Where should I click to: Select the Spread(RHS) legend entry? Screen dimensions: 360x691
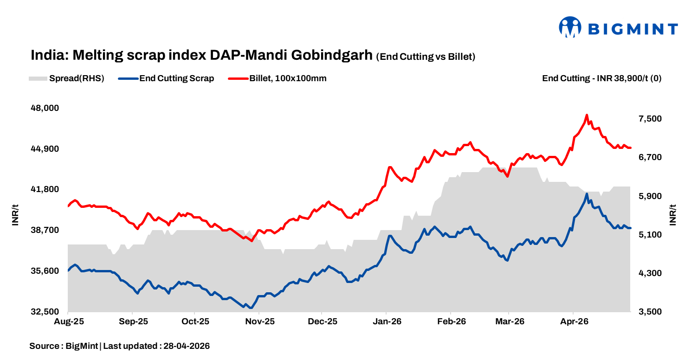(x=67, y=78)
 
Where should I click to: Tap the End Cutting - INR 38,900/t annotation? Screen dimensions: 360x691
(x=601, y=78)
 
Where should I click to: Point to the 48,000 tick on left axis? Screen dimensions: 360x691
(x=45, y=108)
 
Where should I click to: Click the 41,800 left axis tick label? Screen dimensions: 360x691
(x=45, y=189)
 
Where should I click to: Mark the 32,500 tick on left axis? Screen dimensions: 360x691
(x=45, y=312)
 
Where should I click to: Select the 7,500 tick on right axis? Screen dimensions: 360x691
(x=649, y=119)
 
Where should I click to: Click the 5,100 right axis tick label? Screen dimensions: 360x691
(x=649, y=235)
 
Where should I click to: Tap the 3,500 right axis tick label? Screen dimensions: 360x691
(x=649, y=312)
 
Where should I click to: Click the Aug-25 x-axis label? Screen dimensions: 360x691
(x=68, y=321)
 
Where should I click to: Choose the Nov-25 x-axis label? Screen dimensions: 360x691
(x=259, y=321)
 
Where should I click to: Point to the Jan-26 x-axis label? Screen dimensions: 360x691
(x=387, y=321)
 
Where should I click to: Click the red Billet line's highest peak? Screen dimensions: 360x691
(x=587, y=115)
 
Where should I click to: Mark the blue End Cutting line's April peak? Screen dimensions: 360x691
(x=587, y=194)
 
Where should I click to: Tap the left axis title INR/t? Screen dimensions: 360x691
(x=15, y=214)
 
